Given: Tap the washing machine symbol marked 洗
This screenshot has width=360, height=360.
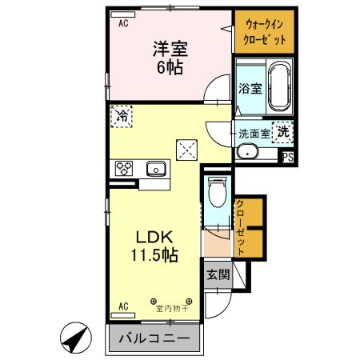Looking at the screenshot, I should pos(283,132).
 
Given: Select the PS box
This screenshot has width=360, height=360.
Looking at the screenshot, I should pos(286,158).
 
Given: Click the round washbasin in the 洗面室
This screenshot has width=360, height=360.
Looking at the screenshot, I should pos(249,153).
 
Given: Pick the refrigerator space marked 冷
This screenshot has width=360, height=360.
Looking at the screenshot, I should pos(122,116).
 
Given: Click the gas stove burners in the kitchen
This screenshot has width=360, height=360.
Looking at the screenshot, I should pos(125,168).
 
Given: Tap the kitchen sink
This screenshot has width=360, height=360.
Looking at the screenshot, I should pos(155,169).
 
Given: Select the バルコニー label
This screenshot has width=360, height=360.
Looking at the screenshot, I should pos(154,338).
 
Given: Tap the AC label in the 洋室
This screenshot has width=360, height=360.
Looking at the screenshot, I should pos(124,24).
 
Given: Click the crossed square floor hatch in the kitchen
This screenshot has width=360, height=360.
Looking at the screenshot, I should pos(187,149).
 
